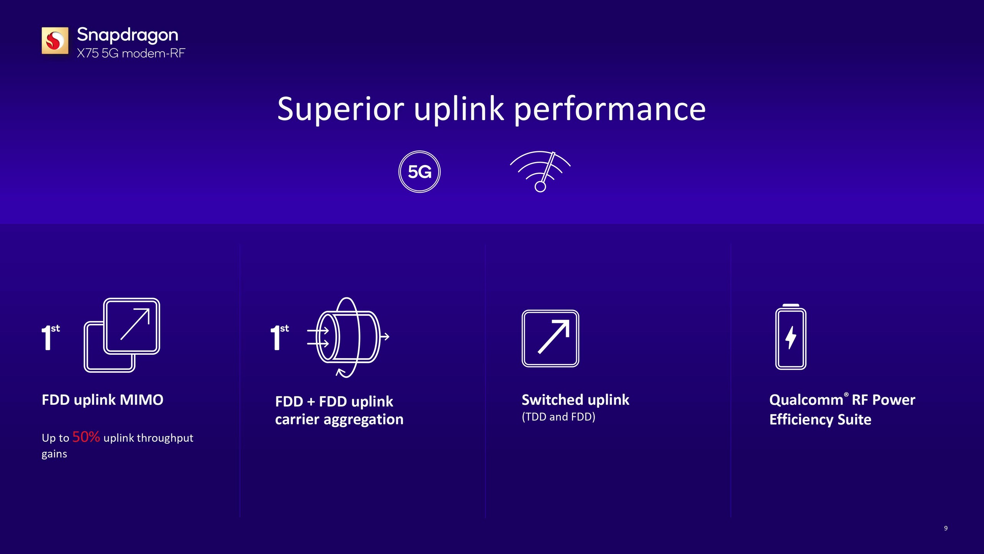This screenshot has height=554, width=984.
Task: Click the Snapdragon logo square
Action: pyautogui.click(x=55, y=40)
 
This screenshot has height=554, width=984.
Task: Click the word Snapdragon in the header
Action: pyautogui.click(x=127, y=35)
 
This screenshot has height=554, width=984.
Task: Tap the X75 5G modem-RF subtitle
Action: pyautogui.click(x=131, y=53)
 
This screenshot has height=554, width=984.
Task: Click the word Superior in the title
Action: pyautogui.click(x=341, y=109)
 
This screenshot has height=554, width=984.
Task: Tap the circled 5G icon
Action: pyautogui.click(x=419, y=172)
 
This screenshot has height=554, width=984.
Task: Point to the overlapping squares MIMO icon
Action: pyautogui.click(x=122, y=335)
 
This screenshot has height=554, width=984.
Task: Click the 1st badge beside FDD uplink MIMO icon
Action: pyautogui.click(x=50, y=337)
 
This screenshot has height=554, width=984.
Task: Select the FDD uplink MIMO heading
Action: pyautogui.click(x=102, y=400)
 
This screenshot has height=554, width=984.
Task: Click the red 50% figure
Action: pyautogui.click(x=86, y=437)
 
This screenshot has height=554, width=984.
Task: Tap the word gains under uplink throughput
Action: pyautogui.click(x=54, y=454)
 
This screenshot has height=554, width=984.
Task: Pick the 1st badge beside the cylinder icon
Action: pyautogui.click(x=279, y=337)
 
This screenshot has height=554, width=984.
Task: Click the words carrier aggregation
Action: pyautogui.click(x=339, y=419)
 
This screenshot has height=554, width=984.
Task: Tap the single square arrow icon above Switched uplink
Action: pyautogui.click(x=550, y=339)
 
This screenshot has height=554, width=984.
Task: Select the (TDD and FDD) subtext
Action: pyautogui.click(x=558, y=417)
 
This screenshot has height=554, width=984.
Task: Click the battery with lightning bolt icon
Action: pyautogui.click(x=791, y=337)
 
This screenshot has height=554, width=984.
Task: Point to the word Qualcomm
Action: pyautogui.click(x=806, y=400)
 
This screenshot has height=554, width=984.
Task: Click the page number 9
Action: pyautogui.click(x=946, y=528)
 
